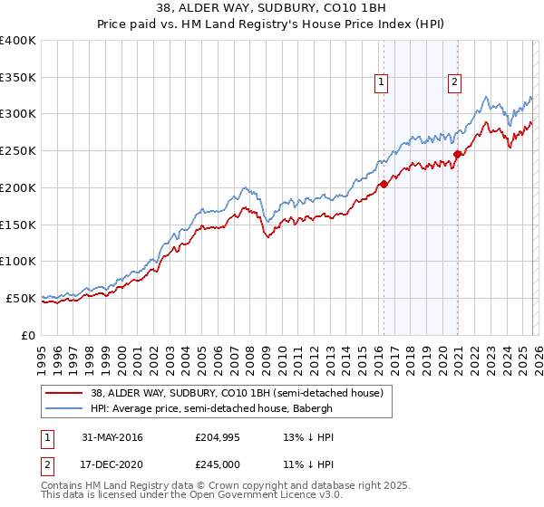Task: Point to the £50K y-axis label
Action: [21, 298]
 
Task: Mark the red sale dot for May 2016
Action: [384, 184]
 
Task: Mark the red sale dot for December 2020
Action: [458, 155]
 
